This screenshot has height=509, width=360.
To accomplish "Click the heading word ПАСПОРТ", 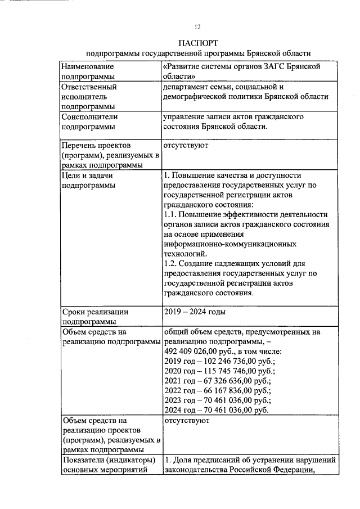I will coord(198,43).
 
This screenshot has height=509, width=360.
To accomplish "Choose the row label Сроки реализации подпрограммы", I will coord(96,317).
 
